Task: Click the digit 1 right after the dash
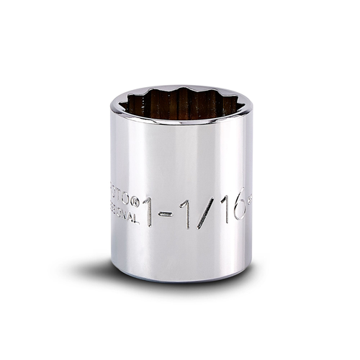click(x=187, y=212)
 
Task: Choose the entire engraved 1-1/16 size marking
click(x=194, y=211)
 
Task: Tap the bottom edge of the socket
click(x=180, y=279)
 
